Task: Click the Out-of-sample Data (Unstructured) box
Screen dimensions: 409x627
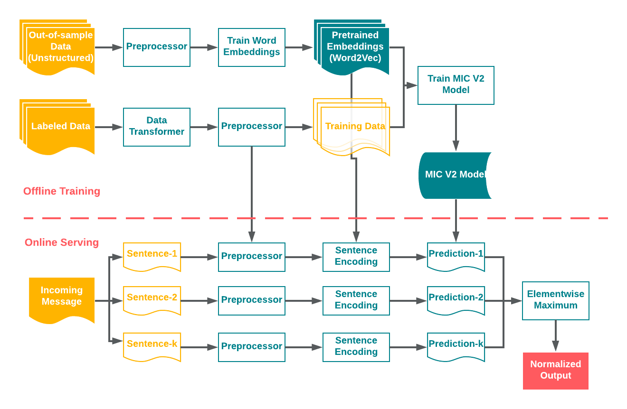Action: tap(60, 46)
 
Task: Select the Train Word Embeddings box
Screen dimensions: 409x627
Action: tap(251, 47)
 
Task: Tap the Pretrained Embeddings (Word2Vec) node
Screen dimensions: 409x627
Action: tap(355, 47)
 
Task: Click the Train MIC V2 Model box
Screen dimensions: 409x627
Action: tap(456, 85)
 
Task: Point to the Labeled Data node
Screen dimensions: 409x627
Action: tap(60, 127)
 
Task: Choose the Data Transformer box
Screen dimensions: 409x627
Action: tap(156, 127)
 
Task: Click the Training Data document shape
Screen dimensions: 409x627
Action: tap(355, 127)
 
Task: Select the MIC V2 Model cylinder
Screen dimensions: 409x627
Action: tap(455, 175)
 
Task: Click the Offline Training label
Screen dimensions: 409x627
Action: tap(62, 191)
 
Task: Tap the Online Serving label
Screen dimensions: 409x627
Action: tap(62, 242)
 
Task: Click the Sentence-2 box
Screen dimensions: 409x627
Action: tap(152, 298)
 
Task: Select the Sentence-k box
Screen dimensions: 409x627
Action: tap(152, 345)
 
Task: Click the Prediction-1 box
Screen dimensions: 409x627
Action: tap(456, 255)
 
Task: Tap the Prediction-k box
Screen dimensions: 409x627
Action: tap(456, 345)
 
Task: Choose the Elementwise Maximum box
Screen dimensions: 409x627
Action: tap(555, 300)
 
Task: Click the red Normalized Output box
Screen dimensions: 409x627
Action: tap(555, 371)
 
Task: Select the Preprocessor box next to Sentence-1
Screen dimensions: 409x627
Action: tap(251, 257)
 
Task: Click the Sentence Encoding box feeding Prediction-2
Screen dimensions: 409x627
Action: tap(356, 300)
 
